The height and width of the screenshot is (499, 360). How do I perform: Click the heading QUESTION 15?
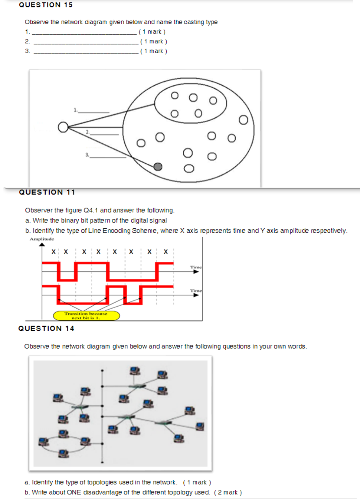(x=46, y=5)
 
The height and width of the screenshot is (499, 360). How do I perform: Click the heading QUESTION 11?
(x=47, y=192)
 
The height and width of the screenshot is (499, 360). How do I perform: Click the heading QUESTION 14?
(x=46, y=329)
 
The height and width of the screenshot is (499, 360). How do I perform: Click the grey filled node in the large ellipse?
(x=158, y=167)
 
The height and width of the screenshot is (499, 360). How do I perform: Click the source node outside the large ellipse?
(x=63, y=127)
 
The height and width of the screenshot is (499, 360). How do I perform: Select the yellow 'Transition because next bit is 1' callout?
(x=86, y=316)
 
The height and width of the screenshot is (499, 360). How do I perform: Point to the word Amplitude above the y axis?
(x=42, y=239)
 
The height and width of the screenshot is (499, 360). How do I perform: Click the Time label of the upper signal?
(x=196, y=267)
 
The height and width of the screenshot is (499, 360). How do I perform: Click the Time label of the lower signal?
(x=196, y=291)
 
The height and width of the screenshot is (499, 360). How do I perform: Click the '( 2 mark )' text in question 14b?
(x=228, y=492)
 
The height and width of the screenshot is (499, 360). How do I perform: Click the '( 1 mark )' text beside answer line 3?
(x=154, y=51)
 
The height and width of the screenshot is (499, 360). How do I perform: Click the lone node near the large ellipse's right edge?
(x=243, y=120)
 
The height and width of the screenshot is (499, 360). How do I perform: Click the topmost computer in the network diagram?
(x=134, y=371)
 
